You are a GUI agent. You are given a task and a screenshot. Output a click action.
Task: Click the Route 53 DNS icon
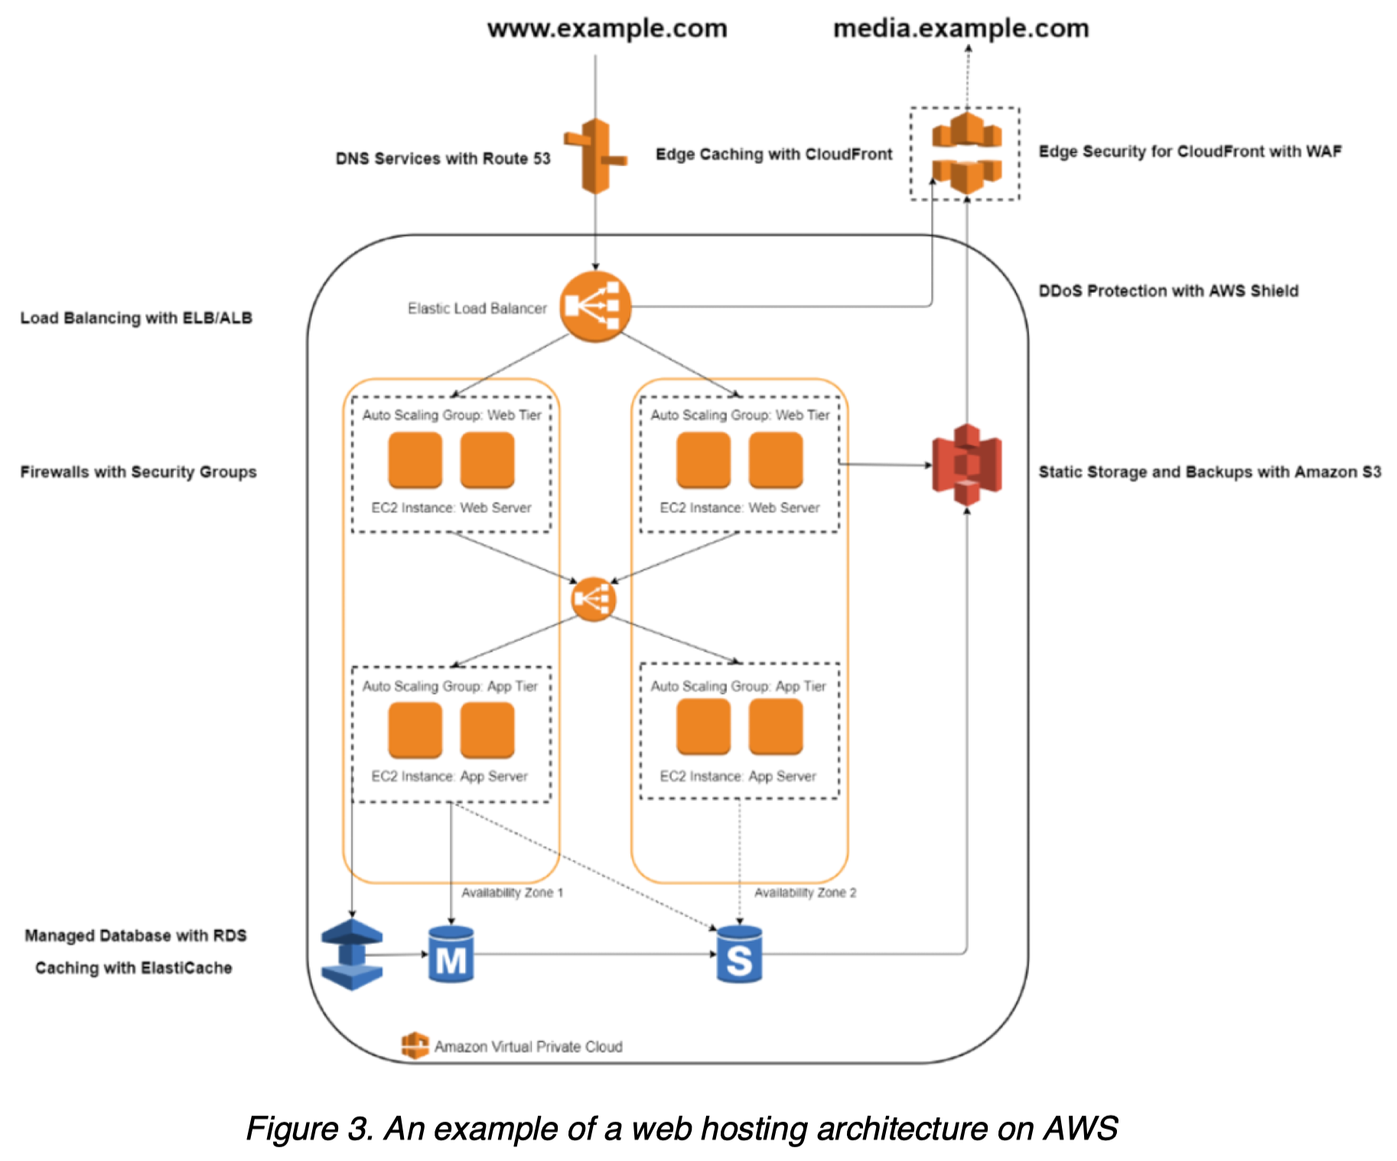coord(596,156)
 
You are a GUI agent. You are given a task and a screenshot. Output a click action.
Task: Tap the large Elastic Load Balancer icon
coord(595,307)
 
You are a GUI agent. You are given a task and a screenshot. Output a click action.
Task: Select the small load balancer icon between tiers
coord(594,599)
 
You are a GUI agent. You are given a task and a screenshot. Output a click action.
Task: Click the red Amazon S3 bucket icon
coord(967,464)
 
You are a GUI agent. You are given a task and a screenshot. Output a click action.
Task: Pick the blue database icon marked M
coord(451,954)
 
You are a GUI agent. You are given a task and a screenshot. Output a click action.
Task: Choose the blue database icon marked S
coord(739,954)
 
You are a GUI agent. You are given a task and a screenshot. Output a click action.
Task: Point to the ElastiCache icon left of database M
coord(352,954)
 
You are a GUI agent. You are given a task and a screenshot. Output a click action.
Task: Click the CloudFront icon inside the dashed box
coord(966,153)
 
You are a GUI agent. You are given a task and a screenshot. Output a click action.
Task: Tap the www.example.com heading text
coord(607,28)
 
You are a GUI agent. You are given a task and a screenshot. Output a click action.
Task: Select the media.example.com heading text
coord(961,28)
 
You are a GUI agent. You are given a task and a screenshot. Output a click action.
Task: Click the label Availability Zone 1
coord(512,893)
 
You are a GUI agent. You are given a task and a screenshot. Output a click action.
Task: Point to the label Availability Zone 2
coord(805,893)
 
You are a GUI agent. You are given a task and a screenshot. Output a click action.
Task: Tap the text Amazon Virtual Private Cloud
coord(528,1046)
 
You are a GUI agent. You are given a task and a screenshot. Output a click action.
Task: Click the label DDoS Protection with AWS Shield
coord(1168,291)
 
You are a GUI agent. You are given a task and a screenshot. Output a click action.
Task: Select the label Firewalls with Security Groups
coord(138,472)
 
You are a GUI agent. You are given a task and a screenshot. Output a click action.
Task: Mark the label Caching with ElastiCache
coord(134,967)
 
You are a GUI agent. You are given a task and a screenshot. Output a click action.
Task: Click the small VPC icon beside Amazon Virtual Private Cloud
coord(415,1045)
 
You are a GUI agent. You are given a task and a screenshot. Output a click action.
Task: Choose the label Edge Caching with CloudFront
coord(773,154)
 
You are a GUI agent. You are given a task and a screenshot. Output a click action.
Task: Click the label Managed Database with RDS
coord(135,935)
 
